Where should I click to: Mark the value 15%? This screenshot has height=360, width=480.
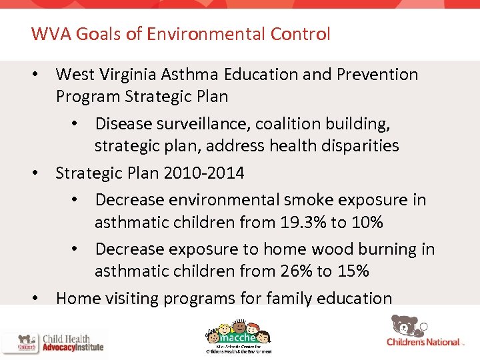[x=353, y=271]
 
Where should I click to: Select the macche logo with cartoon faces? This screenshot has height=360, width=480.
[x=238, y=333]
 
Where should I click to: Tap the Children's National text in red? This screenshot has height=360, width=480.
[x=423, y=342]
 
